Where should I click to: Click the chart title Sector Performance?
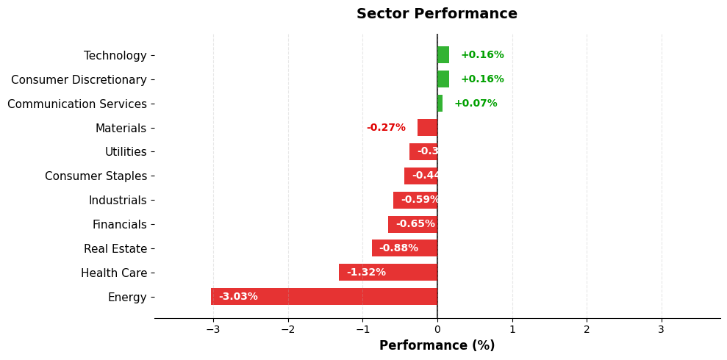point(437,14)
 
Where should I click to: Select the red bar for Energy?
point(324,297)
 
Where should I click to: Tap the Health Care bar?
point(388,273)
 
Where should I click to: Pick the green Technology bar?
point(443,55)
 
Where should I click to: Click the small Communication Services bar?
point(440,104)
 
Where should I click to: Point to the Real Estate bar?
point(404,248)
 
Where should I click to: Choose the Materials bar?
point(427,128)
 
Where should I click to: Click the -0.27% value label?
point(386,128)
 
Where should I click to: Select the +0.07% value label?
point(476,104)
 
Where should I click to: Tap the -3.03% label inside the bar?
point(238,297)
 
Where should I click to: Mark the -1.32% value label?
point(366,273)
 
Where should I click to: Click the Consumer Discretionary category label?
point(79,79)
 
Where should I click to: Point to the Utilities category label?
point(126,152)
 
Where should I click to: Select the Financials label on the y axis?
point(119,225)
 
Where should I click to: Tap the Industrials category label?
point(118,201)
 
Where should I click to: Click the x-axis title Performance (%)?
point(437,345)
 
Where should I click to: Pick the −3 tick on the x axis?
point(213,329)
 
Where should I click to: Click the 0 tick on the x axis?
point(437,329)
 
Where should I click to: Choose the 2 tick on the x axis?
point(587,329)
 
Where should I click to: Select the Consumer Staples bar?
point(420,176)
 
